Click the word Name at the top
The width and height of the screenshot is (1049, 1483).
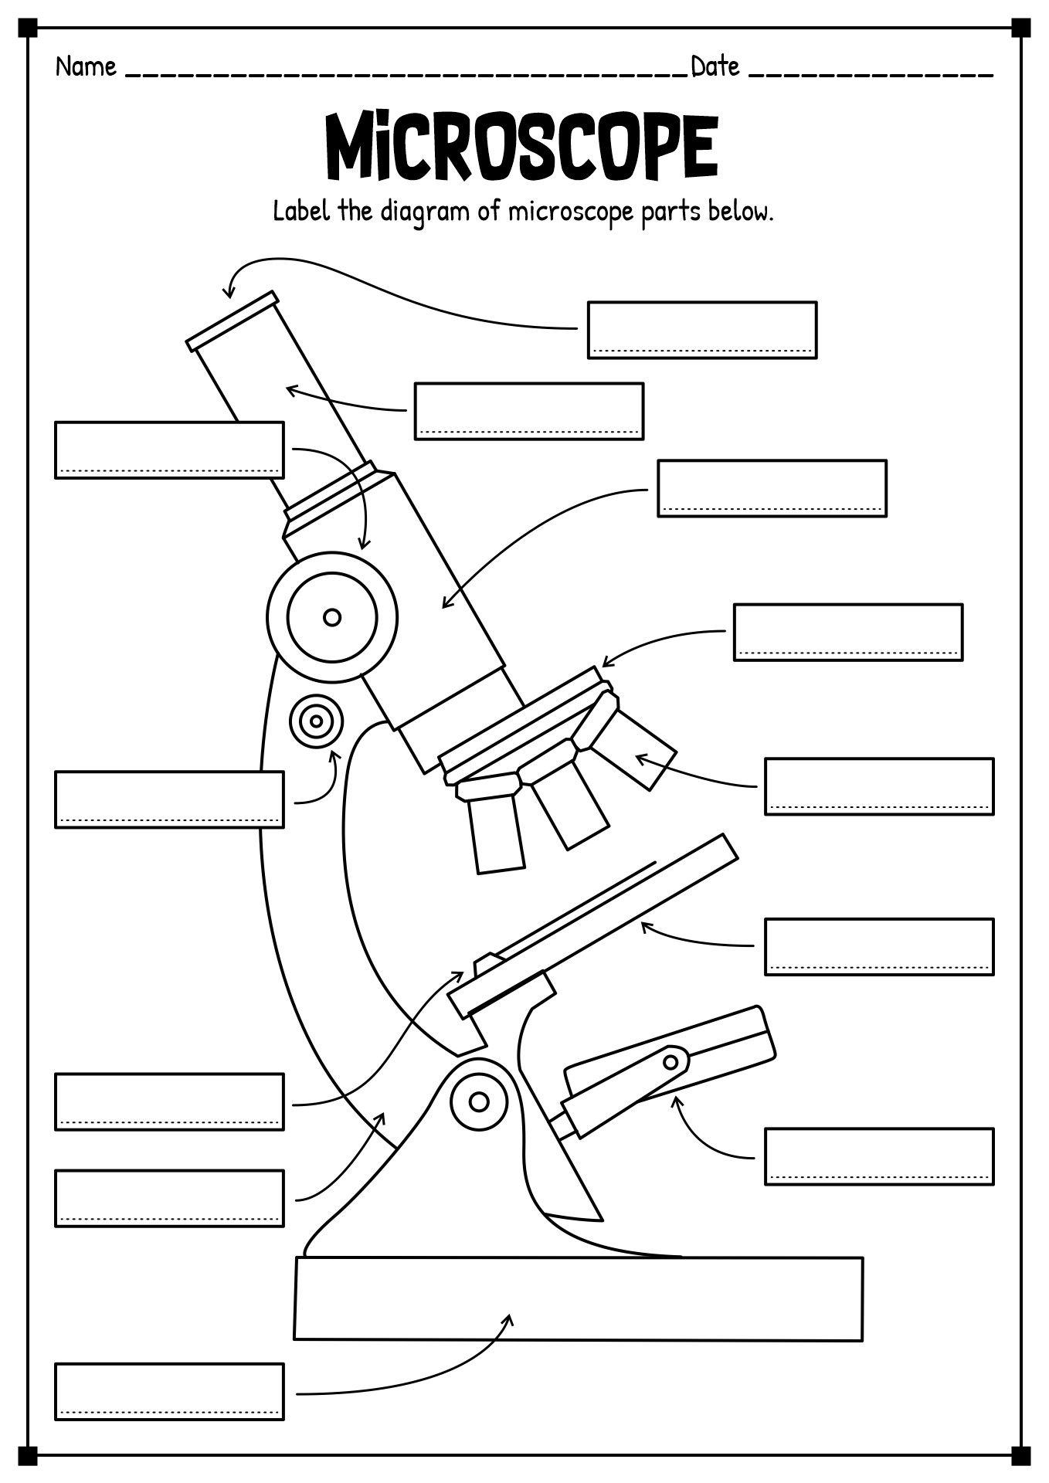click(86, 67)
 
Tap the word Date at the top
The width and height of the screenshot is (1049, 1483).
click(715, 67)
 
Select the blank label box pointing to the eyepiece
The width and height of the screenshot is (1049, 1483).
click(702, 330)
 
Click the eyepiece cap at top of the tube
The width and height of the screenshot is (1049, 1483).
click(233, 321)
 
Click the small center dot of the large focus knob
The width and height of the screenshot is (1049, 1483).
click(332, 617)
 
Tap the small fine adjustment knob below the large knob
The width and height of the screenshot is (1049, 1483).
click(316, 722)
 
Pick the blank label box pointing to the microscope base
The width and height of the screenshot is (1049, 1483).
click(169, 1392)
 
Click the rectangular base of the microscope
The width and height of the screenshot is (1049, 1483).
click(579, 1298)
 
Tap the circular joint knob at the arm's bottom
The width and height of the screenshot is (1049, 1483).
click(479, 1101)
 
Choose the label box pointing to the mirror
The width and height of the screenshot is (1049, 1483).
click(879, 1156)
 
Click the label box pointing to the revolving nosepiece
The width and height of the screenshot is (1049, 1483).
click(848, 633)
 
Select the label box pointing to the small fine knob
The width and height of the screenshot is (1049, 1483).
click(169, 799)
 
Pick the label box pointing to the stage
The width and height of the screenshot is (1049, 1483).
click(879, 947)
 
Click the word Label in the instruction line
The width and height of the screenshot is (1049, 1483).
click(302, 211)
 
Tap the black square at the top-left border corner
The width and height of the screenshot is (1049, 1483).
click(28, 28)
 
